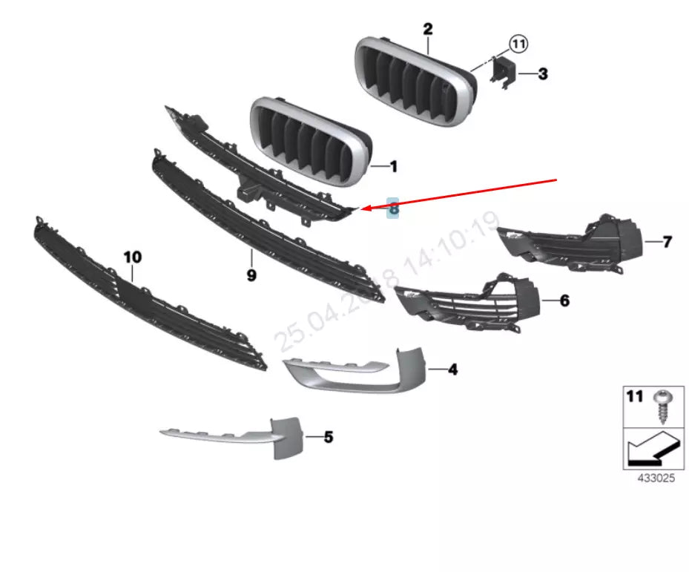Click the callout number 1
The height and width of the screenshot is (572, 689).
click(x=394, y=167)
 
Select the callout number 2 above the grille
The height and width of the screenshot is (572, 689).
click(x=428, y=30)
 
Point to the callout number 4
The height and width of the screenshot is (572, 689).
click(x=453, y=369)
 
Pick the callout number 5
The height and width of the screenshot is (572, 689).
click(x=328, y=437)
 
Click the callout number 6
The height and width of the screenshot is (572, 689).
click(x=564, y=300)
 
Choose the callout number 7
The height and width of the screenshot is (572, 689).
click(x=667, y=242)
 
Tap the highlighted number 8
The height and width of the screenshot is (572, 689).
click(x=393, y=209)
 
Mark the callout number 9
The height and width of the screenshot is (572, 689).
click(x=251, y=275)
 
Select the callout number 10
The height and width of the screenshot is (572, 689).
click(x=132, y=257)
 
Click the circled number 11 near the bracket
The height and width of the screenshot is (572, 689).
click(x=518, y=45)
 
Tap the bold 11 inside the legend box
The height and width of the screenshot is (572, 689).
click(x=635, y=397)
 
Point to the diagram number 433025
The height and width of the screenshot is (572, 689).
click(x=656, y=479)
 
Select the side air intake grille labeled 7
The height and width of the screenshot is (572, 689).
click(x=571, y=243)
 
